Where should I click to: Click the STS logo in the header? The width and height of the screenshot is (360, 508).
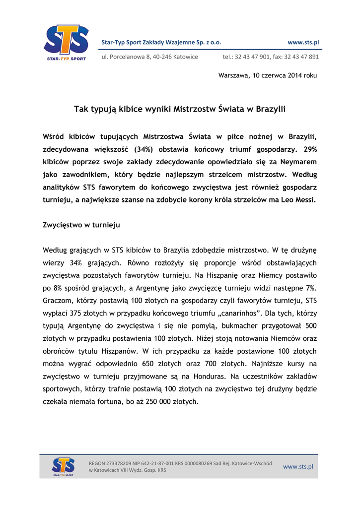(66, 42)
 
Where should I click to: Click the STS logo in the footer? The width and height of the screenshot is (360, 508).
(64, 466)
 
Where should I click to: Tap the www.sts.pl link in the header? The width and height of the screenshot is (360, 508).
(303, 43)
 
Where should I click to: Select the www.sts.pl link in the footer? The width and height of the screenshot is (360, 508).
(298, 467)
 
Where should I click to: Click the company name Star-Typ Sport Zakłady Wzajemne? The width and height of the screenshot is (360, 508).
(161, 43)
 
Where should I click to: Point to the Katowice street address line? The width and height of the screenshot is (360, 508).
(149, 57)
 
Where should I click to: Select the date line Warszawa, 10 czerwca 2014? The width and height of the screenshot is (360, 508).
(267, 75)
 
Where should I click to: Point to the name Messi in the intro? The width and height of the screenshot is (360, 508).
(304, 200)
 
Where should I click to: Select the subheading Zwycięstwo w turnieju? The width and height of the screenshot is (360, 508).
(82, 225)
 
